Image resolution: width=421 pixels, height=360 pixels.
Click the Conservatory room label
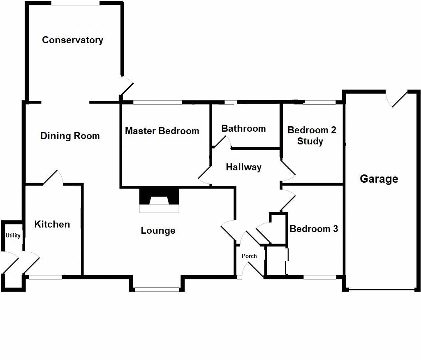click(72, 40)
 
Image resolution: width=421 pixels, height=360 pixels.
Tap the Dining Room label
click(70, 136)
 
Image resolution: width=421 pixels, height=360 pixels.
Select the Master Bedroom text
click(162, 131)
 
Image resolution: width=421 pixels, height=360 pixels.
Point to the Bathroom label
click(243, 128)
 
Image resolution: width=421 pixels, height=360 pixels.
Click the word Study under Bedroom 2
click(310, 142)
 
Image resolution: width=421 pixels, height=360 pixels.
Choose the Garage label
click(379, 179)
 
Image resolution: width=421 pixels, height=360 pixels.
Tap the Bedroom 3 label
click(314, 229)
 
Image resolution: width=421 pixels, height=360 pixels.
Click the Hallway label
click(243, 167)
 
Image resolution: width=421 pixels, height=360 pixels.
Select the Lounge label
click(158, 231)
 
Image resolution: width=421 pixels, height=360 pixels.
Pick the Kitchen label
click(52, 224)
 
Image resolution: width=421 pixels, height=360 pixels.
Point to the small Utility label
click(13, 236)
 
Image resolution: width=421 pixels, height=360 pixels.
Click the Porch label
click(249, 256)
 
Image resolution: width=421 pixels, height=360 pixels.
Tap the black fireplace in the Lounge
click(160, 197)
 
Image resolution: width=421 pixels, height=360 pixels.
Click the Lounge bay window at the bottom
click(157, 290)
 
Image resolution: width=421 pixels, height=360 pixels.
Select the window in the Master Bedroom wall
click(157, 102)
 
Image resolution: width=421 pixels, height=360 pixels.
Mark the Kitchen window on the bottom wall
click(45, 277)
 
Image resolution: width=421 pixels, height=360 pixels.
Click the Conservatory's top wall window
click(75, 3)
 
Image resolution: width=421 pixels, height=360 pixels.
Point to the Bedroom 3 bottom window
click(319, 277)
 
